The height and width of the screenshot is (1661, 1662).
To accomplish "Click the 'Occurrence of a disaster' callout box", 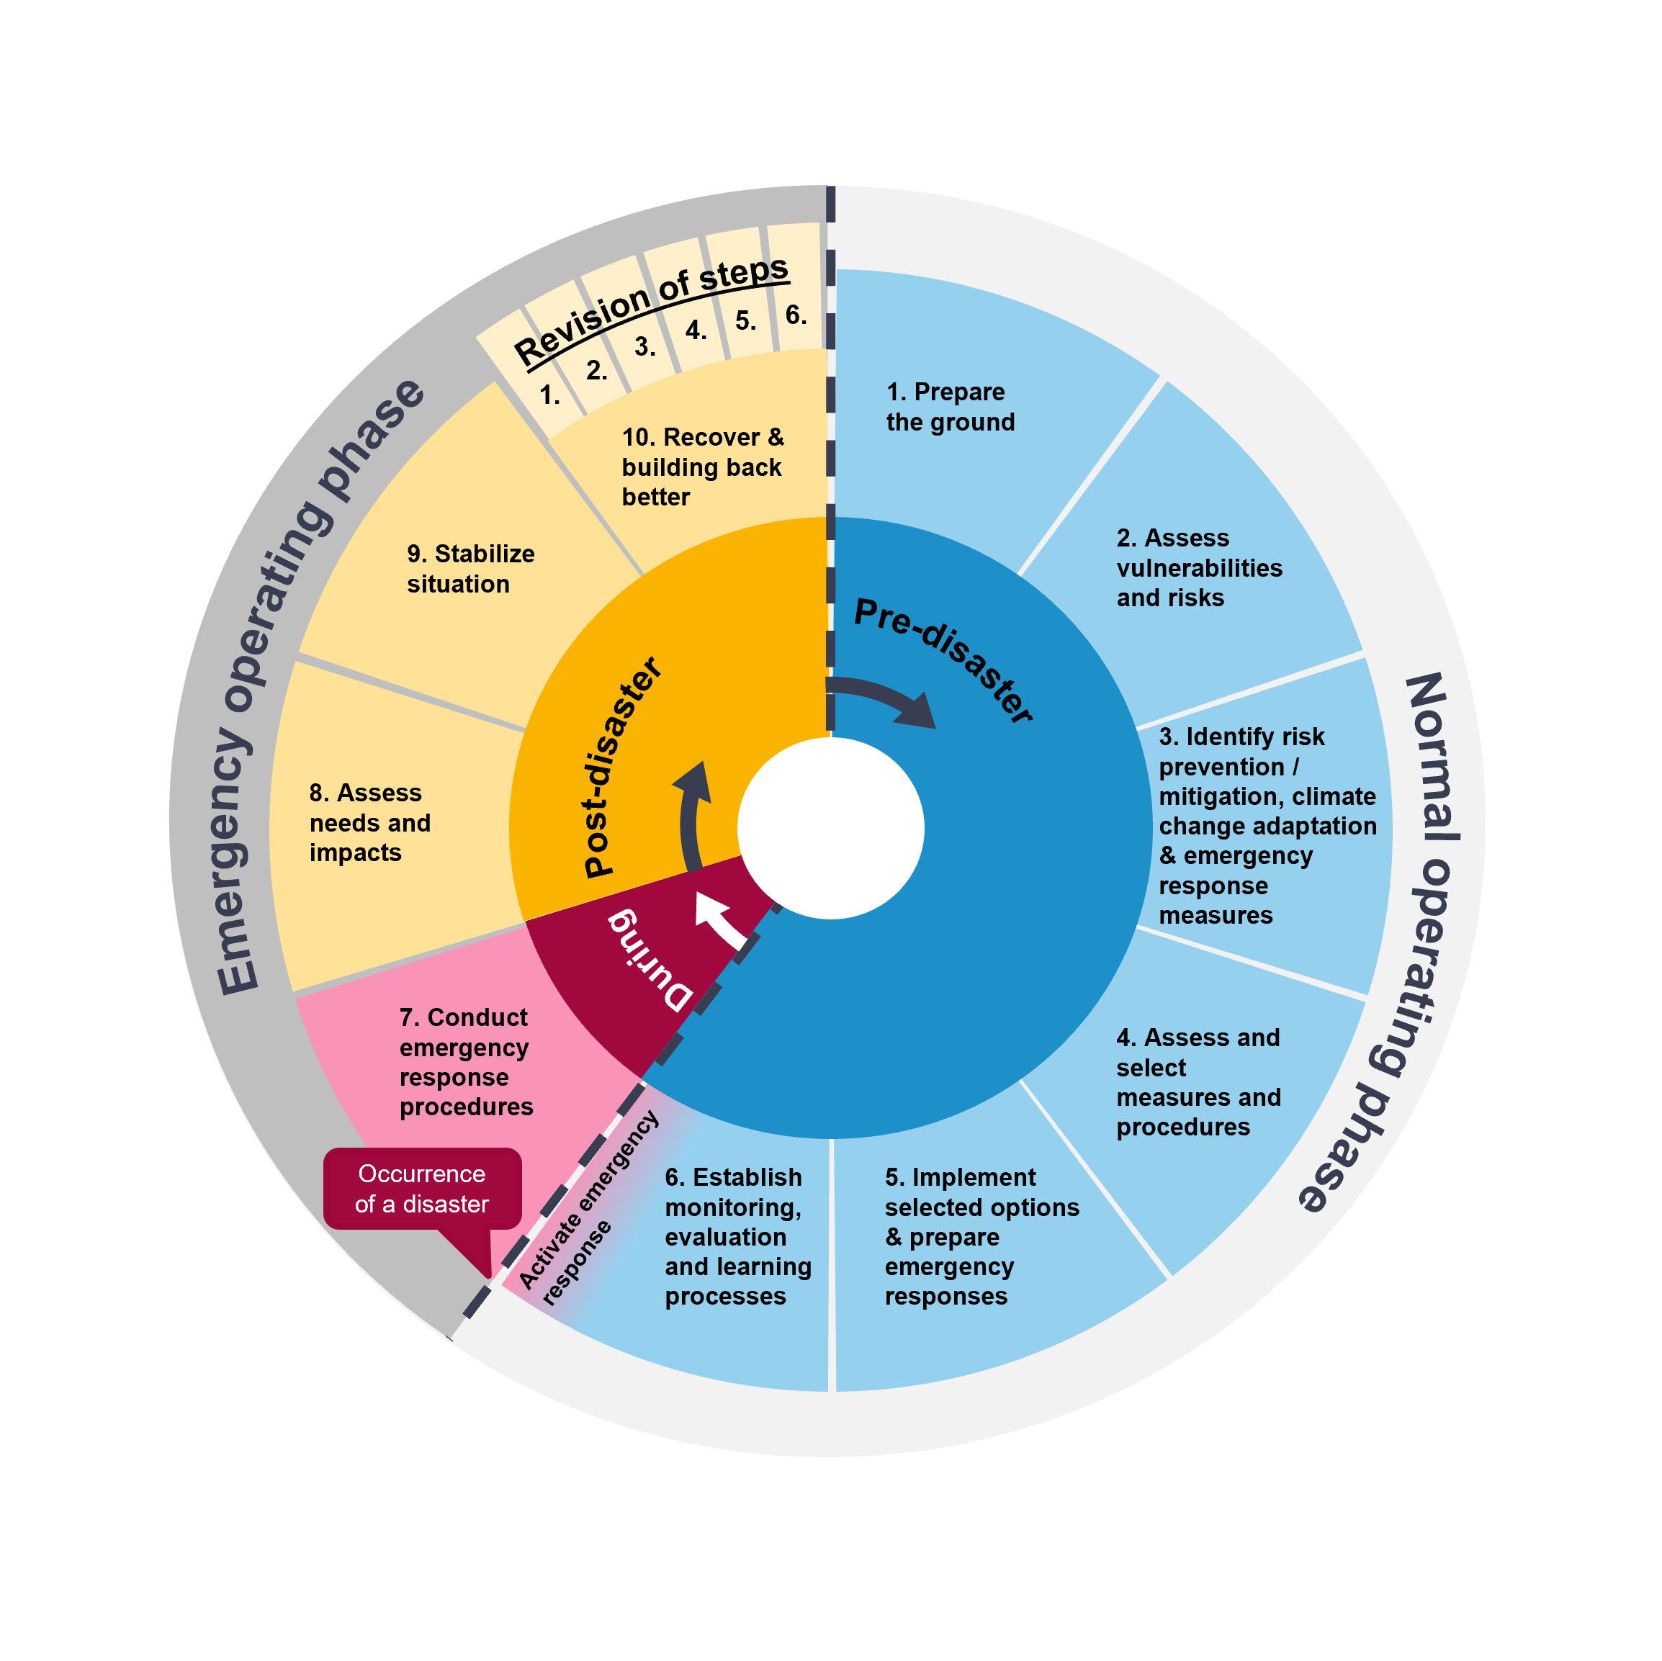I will (x=421, y=1189).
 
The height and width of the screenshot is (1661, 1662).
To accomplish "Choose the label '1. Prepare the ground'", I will (x=950, y=407).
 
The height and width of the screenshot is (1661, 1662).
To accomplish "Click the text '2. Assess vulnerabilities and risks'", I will (x=1198, y=568).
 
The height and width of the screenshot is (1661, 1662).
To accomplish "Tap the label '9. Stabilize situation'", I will (x=470, y=569).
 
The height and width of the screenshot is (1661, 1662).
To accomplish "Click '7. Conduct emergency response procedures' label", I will (x=465, y=1061).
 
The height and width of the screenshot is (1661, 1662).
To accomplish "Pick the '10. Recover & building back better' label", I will (x=702, y=467).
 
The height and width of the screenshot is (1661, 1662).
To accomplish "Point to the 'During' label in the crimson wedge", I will (x=650, y=960).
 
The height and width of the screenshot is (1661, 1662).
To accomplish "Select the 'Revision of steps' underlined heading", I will (x=650, y=310).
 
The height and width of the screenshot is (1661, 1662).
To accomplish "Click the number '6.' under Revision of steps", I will (x=796, y=315).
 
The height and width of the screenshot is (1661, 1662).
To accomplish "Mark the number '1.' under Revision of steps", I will (x=549, y=395).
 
